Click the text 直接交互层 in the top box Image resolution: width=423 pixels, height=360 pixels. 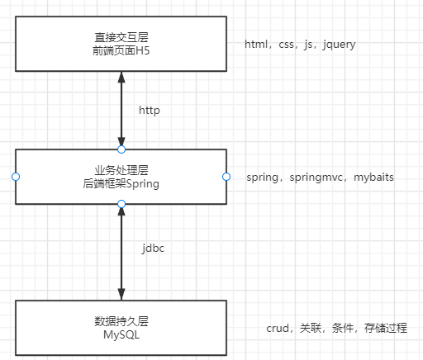point(121,37)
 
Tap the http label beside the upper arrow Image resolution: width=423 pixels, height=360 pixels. point(149,110)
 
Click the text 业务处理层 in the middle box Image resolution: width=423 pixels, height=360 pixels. point(121,171)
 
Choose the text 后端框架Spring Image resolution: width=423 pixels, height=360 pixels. point(121,184)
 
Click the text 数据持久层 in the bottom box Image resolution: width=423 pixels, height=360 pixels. point(121,321)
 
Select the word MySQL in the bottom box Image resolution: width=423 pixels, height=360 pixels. point(121,334)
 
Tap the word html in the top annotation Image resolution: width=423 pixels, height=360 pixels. point(256,44)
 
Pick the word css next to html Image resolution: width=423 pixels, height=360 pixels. point(287,44)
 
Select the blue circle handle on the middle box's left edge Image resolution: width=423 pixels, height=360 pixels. point(15,177)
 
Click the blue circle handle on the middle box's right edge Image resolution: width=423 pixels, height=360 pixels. point(226,177)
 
